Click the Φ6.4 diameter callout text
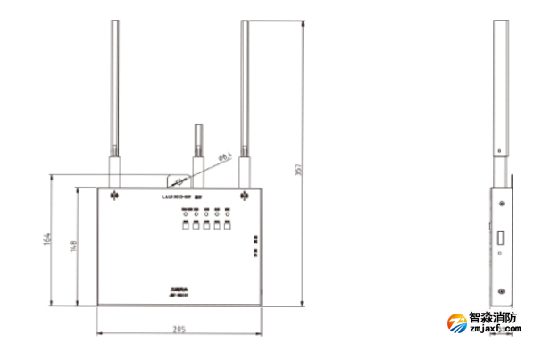[224, 158]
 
